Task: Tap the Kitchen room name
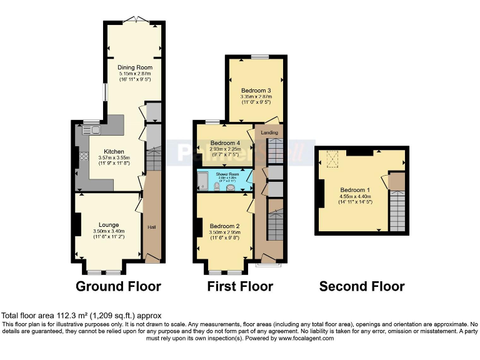point(114,151)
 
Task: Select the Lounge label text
point(108,224)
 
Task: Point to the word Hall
point(151,227)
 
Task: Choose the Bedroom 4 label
point(225,142)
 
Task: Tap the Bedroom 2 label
point(225,226)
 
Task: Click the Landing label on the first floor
point(269,132)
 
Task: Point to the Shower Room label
point(225,174)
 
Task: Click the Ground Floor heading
point(118,287)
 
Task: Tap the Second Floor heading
point(361,287)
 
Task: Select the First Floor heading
point(240,287)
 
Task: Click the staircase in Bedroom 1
point(397,211)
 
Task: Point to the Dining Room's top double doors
point(134,21)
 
